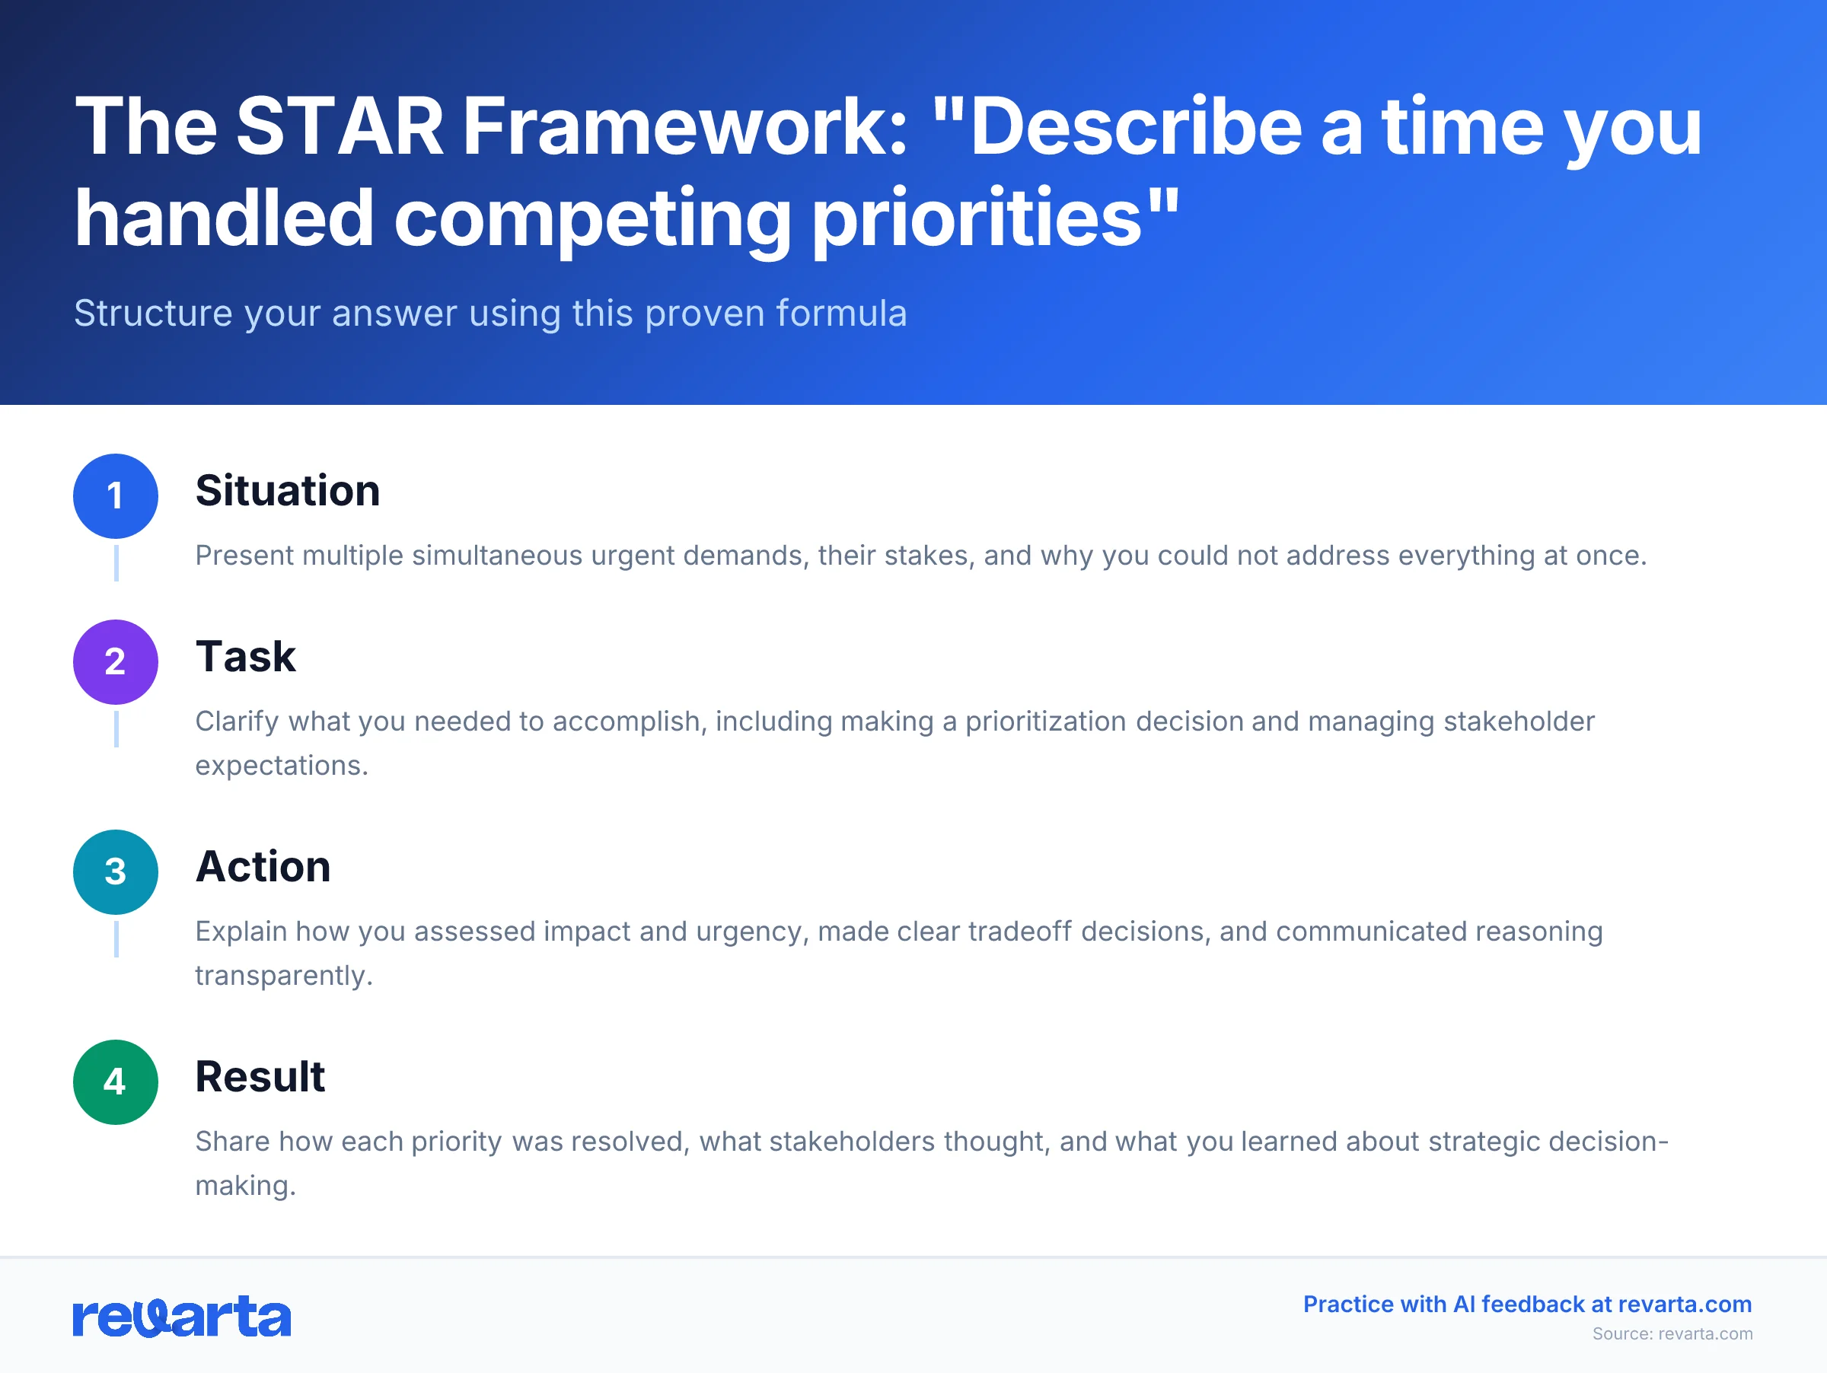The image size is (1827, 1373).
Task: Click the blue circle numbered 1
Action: click(x=116, y=495)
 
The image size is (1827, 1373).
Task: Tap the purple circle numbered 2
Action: click(x=116, y=661)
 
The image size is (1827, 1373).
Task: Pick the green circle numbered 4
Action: click(x=116, y=1082)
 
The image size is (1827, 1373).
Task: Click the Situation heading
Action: click(x=288, y=490)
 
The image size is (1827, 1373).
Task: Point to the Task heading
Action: click(x=245, y=656)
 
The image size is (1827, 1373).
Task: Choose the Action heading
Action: click(x=263, y=866)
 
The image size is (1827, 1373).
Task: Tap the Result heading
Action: click(x=260, y=1077)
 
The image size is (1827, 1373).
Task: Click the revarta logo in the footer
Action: click(x=182, y=1317)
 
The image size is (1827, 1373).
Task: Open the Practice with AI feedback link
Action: click(x=1527, y=1304)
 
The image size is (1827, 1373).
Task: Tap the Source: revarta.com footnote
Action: click(x=1672, y=1333)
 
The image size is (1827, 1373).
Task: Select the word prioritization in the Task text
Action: click(x=1046, y=722)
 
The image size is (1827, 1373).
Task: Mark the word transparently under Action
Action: click(x=283, y=976)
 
